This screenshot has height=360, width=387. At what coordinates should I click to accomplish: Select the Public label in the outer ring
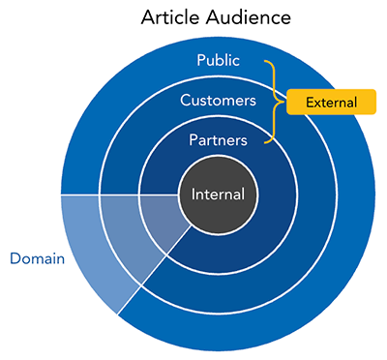pos(218,61)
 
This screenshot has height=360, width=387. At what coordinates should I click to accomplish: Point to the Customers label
pos(218,100)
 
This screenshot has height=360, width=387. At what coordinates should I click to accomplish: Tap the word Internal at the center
pos(218,194)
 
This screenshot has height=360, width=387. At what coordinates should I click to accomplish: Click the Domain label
pos(37,258)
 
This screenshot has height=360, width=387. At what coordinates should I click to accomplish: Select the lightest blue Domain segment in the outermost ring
pos(87,247)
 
